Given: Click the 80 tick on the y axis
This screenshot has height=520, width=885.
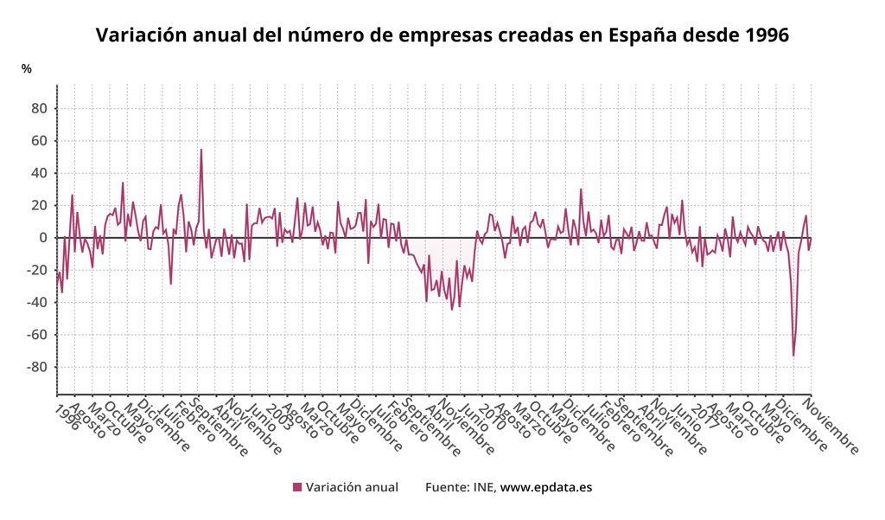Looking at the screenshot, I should coord(39,108).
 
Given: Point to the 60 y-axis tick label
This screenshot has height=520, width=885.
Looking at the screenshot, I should coord(39,140).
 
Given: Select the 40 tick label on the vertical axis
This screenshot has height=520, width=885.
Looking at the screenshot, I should coord(39,173).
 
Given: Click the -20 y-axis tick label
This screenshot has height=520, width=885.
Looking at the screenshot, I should coord(36,270).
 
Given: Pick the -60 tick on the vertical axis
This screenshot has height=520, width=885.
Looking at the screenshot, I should coord(36,335).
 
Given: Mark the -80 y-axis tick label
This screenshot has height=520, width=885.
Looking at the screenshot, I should coord(36,367).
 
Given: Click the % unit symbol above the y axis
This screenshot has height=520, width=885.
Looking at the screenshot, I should coord(27,68).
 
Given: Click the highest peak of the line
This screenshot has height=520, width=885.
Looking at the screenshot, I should coord(201,150).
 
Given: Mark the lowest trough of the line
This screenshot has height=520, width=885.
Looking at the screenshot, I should coord(793,356).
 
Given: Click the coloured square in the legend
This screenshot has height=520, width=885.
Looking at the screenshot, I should coord(297,487).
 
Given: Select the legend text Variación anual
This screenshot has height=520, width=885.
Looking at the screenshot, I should coord(352,487).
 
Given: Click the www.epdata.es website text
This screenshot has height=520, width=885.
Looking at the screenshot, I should coord(546,487).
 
